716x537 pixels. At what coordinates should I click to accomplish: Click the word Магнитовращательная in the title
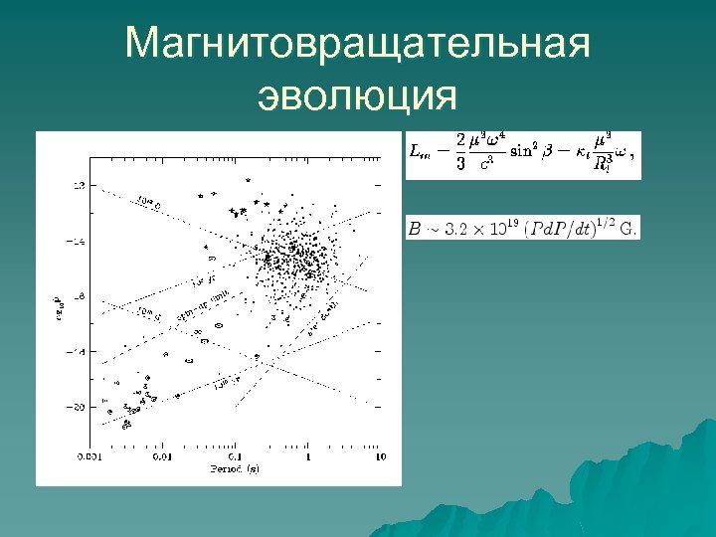(358, 46)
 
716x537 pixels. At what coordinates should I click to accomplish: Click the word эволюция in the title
(358, 96)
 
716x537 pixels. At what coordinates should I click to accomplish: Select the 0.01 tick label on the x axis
(162, 457)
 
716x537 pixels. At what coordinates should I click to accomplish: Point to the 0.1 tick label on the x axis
(236, 457)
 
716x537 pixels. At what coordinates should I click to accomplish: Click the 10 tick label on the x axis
(380, 457)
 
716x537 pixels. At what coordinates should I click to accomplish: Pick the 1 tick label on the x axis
(308, 457)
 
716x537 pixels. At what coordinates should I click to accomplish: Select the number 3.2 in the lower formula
(457, 229)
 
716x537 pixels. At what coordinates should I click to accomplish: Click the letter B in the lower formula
(414, 229)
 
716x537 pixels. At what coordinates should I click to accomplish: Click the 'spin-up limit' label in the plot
(203, 304)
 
